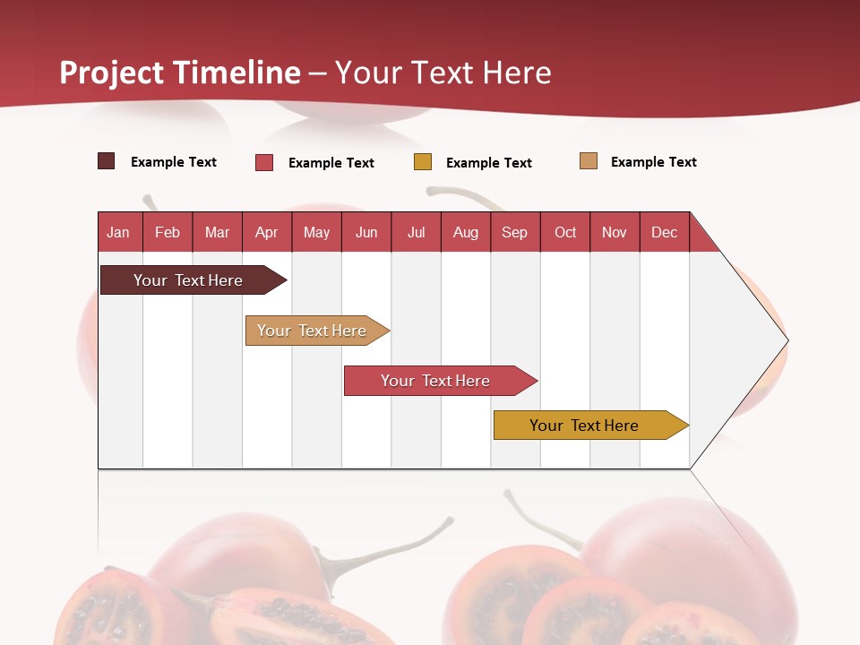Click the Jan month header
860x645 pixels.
tap(118, 232)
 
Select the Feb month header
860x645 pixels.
tap(168, 232)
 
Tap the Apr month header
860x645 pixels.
tap(266, 232)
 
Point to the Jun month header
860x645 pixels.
tap(366, 232)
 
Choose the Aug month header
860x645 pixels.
tap(465, 232)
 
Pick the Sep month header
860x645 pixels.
tap(514, 232)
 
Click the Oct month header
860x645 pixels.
tap(565, 232)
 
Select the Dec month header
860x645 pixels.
tap(664, 232)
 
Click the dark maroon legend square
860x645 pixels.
tap(106, 161)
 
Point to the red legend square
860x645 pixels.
tap(264, 162)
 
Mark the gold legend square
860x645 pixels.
tap(423, 162)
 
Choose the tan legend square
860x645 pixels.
tap(589, 161)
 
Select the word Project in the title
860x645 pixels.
tap(112, 73)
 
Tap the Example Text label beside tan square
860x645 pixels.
tap(653, 162)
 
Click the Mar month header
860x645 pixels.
tap(217, 232)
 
